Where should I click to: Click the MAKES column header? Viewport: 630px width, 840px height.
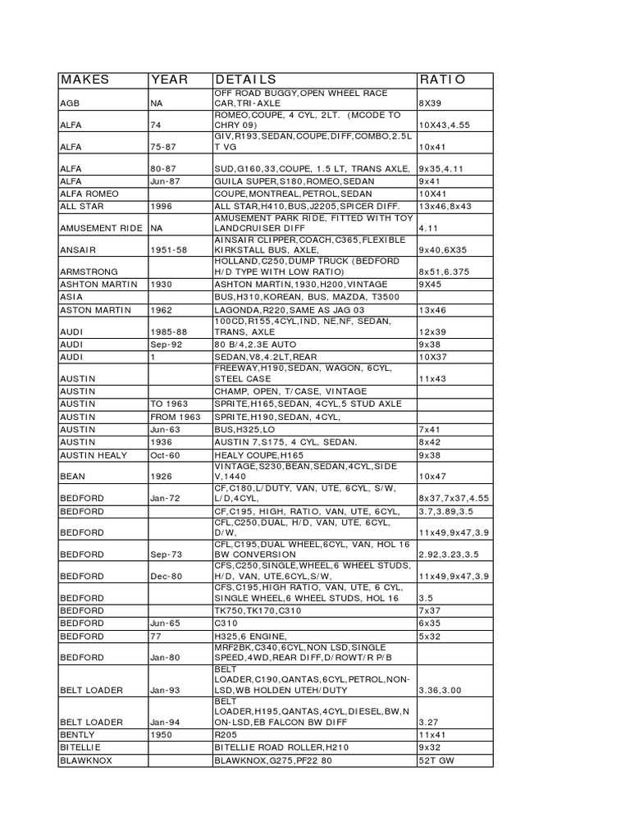(84, 80)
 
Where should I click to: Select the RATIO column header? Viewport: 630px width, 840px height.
(442, 80)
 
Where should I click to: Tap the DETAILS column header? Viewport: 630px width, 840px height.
(245, 80)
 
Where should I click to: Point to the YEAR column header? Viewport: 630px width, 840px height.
(169, 80)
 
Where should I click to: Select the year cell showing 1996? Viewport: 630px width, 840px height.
(162, 206)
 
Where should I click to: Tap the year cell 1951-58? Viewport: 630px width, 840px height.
(170, 249)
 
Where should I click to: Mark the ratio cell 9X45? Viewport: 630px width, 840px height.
(431, 284)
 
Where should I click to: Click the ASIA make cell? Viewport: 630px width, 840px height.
(71, 297)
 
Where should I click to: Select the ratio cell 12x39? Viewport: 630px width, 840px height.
(432, 331)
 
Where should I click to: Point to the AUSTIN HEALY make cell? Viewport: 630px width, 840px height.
(96, 454)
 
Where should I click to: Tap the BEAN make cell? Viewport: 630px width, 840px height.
(72, 476)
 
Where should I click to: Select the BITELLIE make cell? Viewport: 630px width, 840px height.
(80, 748)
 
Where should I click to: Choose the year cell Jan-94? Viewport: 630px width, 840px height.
(164, 722)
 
